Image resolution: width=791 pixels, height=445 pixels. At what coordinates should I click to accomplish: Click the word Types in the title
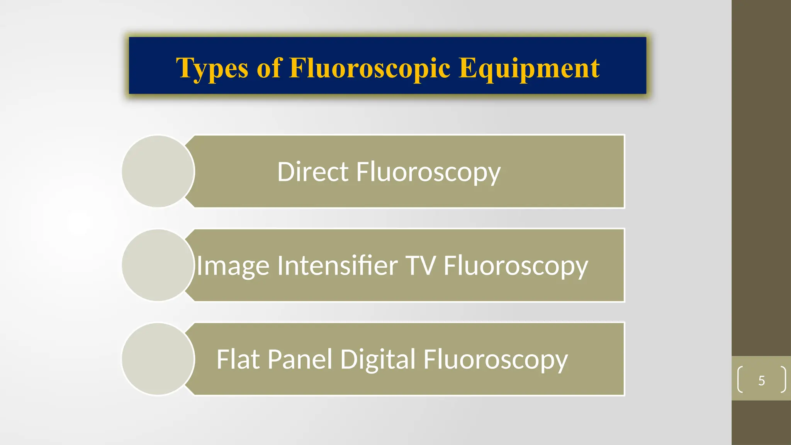(212, 68)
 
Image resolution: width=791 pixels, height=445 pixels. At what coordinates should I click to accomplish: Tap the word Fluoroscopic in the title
(370, 68)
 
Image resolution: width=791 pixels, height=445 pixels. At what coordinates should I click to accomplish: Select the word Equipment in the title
(529, 68)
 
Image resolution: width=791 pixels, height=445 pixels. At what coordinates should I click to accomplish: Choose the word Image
(233, 266)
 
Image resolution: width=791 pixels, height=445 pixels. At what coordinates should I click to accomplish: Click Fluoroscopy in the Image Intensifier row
(516, 266)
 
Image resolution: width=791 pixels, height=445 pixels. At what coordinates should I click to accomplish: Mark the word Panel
(300, 359)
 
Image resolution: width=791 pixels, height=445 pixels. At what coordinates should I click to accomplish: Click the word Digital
(378, 360)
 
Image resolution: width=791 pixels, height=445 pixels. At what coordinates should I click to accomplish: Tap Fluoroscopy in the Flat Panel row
(496, 360)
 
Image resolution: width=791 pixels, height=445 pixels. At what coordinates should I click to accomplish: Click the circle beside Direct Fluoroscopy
(158, 171)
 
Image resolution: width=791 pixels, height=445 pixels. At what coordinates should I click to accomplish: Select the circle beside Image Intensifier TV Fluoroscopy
(158, 265)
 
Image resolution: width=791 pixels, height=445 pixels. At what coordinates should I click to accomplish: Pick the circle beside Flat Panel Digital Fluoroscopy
(158, 359)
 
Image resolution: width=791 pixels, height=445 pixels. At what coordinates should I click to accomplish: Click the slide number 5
(761, 380)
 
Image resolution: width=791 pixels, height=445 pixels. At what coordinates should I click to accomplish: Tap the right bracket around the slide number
(784, 379)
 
